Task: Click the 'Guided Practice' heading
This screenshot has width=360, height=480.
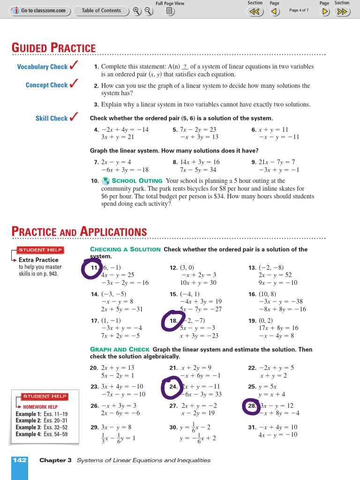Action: pos(53,48)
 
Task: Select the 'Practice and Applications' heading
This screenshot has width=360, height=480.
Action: pos(79,232)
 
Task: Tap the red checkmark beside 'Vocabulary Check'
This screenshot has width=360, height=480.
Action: pos(74,66)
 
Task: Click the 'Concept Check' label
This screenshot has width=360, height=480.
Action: pos(46,85)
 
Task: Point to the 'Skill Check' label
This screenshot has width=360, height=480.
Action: pos(52,119)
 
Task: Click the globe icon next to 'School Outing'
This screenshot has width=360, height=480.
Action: pos(105,180)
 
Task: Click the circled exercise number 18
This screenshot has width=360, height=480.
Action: pos(173,321)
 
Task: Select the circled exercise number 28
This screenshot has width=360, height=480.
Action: pos(252,406)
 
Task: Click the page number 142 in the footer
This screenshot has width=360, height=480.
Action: pos(20,460)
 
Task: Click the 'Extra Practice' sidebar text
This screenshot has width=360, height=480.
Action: pos(38,260)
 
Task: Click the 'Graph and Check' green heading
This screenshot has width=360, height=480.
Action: pos(120,349)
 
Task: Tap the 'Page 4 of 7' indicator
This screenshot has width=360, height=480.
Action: pos(299,10)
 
